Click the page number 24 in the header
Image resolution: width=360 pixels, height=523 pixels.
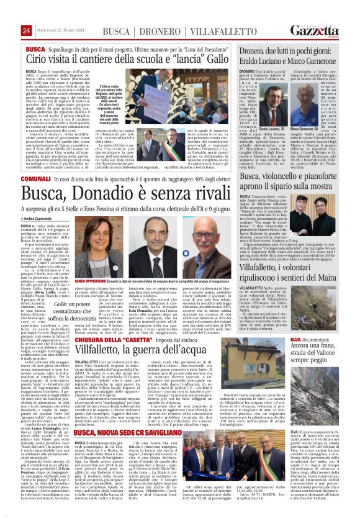pos(26,30)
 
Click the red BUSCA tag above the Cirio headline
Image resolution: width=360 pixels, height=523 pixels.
pos(35,48)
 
